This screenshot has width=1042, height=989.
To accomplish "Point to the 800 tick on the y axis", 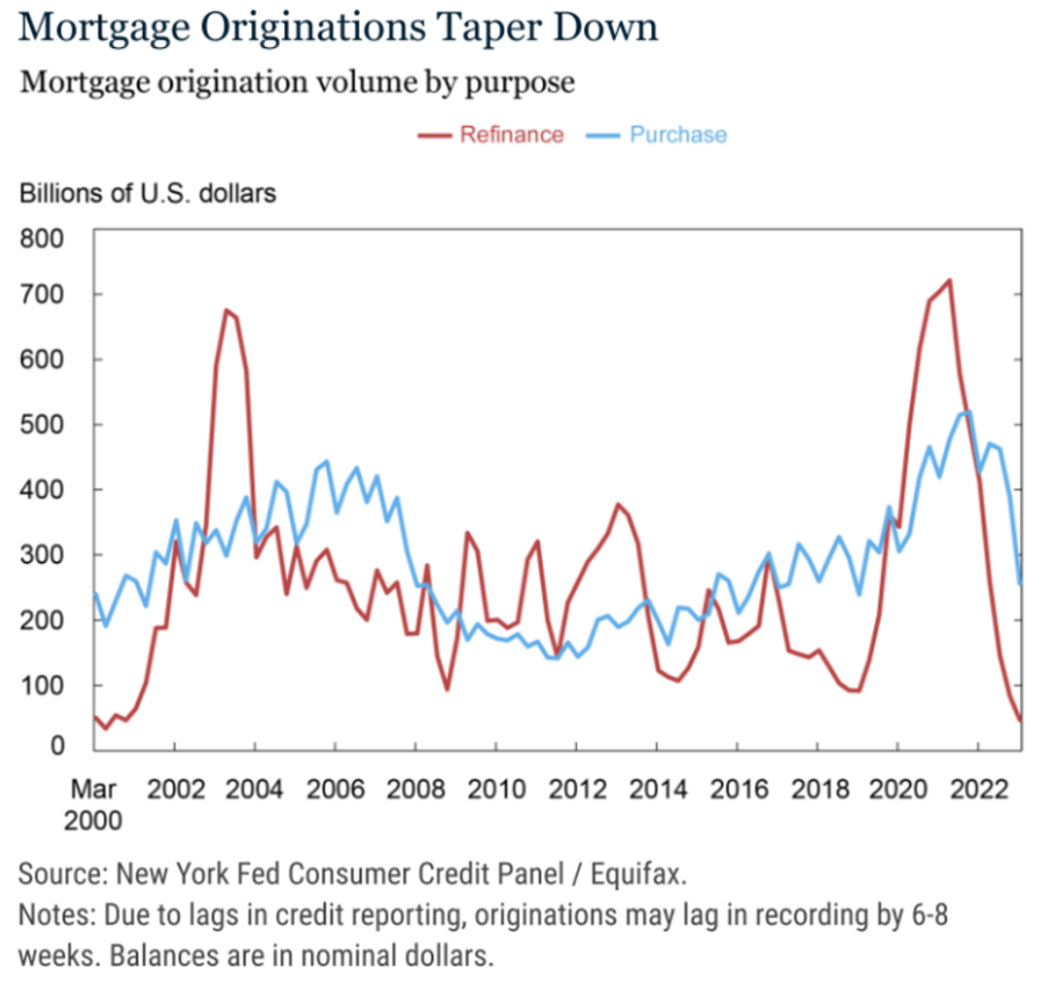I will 43,239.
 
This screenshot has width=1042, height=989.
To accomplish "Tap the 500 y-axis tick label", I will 43,424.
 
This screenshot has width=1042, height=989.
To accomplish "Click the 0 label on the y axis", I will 56,746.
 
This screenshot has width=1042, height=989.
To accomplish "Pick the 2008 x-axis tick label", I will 415,790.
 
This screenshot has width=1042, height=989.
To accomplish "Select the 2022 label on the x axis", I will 979,790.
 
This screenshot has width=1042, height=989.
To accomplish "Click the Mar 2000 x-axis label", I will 93,804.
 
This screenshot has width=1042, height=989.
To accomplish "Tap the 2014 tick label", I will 658,790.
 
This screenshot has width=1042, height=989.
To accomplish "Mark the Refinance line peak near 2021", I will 949,280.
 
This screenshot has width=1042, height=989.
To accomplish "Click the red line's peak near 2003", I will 226,309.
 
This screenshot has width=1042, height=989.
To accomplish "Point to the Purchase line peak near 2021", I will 969,412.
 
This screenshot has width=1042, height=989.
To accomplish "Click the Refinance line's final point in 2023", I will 1020,720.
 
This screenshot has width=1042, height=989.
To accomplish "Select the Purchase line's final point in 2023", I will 1020,584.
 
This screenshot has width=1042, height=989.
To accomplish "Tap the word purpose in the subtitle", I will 519,83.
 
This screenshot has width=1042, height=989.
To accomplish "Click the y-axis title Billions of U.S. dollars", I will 147,194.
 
